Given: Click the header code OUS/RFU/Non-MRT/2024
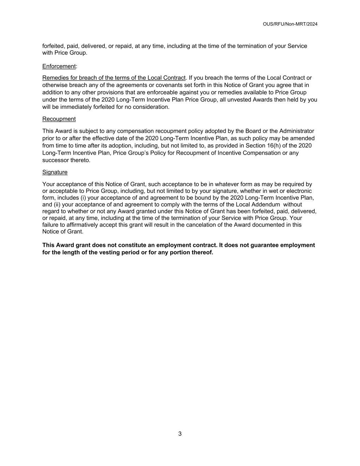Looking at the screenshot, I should point(290,24).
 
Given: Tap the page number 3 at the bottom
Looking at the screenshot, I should point(180,434).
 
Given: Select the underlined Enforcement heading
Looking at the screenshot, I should point(59,66).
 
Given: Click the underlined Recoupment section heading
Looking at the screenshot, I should point(59,119).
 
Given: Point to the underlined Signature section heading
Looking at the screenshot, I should point(55,172).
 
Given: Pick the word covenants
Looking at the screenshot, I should point(171,85).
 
